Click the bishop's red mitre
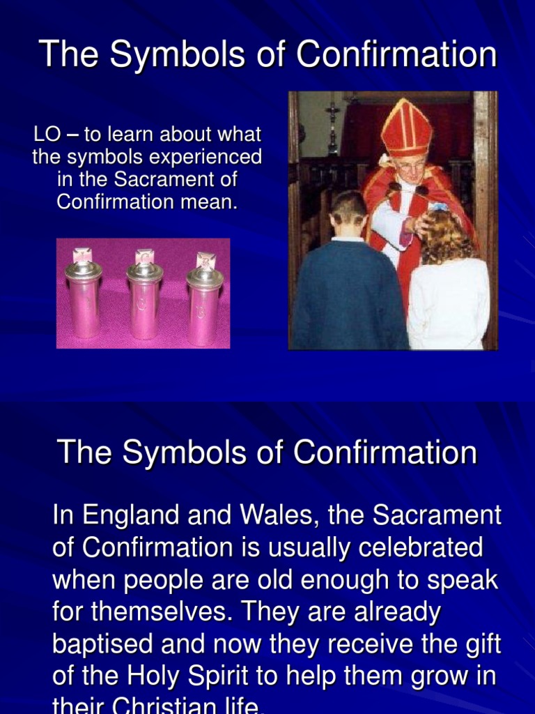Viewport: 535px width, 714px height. [x=405, y=129]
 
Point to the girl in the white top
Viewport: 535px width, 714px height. [x=447, y=293]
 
